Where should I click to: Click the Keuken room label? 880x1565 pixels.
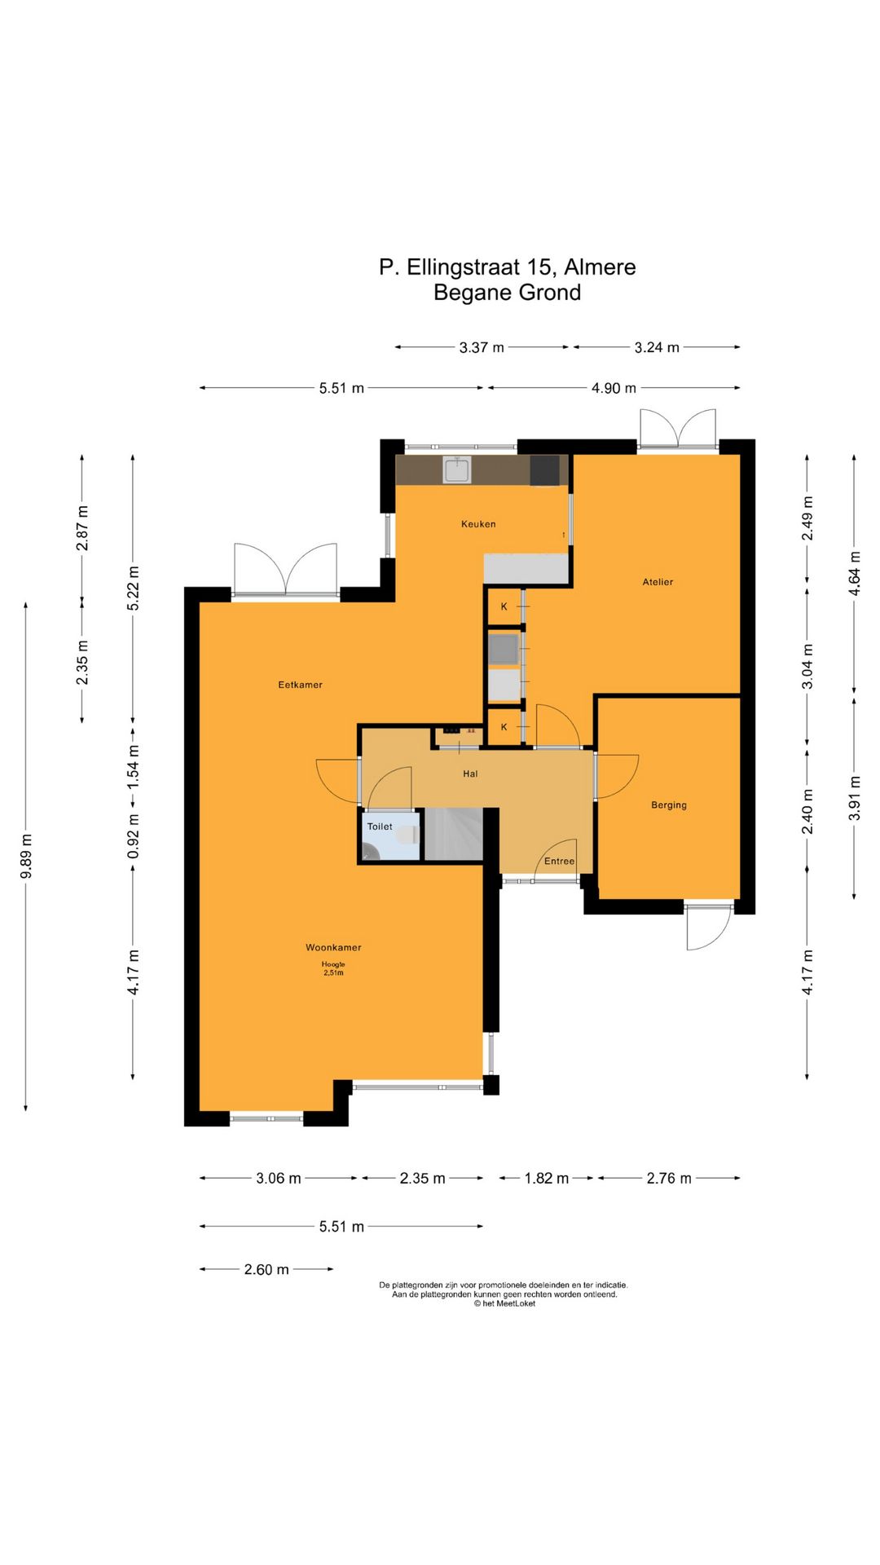pyautogui.click(x=478, y=524)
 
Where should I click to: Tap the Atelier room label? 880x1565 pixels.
pyautogui.click(x=658, y=582)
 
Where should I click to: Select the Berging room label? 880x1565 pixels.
pyautogui.click(x=669, y=805)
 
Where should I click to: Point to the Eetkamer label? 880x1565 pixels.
pyautogui.click(x=300, y=685)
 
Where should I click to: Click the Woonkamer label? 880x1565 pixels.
pyautogui.click(x=333, y=947)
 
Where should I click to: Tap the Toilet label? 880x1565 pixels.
pyautogui.click(x=380, y=827)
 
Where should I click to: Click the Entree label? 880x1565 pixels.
pyautogui.click(x=559, y=862)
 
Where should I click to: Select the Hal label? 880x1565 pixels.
pyautogui.click(x=470, y=774)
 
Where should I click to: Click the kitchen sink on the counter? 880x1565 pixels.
pyautogui.click(x=457, y=469)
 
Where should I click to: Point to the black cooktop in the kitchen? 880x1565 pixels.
pyautogui.click(x=544, y=470)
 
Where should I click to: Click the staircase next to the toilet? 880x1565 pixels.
pyautogui.click(x=454, y=834)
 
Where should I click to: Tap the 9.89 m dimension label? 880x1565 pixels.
pyautogui.click(x=26, y=857)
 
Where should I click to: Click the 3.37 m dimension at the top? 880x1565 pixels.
pyautogui.click(x=482, y=347)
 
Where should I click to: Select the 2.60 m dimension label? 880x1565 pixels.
pyautogui.click(x=266, y=1269)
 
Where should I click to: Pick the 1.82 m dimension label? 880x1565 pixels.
pyautogui.click(x=547, y=1178)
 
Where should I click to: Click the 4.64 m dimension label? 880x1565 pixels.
pyautogui.click(x=855, y=574)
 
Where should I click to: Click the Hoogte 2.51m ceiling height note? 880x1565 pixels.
pyautogui.click(x=333, y=968)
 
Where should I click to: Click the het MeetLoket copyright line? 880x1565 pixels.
pyautogui.click(x=505, y=1303)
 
